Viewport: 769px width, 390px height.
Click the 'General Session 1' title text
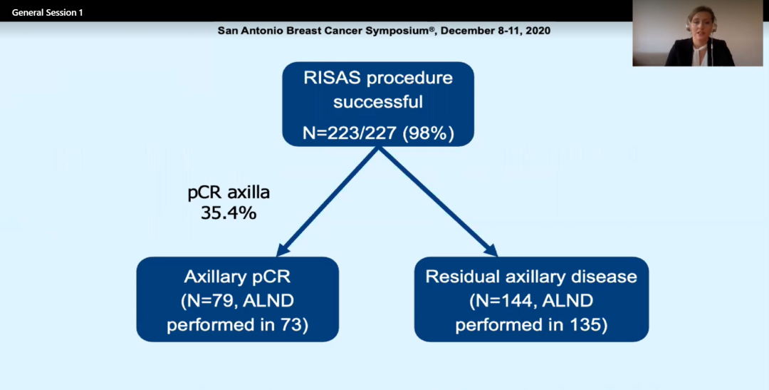47,13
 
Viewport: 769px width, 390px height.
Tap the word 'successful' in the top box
378,102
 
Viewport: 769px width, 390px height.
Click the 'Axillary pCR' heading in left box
237,277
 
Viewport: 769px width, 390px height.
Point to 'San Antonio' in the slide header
246,31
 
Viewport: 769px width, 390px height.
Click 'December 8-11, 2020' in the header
503,31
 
